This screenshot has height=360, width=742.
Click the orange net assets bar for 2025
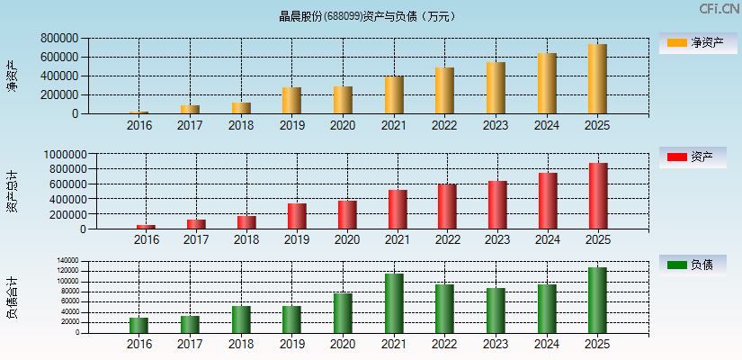(x=597, y=79)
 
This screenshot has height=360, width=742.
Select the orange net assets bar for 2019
(x=291, y=101)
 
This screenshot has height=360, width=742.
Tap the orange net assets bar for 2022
(x=444, y=91)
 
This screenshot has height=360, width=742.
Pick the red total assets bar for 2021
(x=398, y=210)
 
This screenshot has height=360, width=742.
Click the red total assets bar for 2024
(x=548, y=201)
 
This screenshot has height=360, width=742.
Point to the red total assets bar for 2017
(x=196, y=224)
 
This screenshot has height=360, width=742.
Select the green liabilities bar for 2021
(x=394, y=303)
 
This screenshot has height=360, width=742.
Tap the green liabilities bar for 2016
(x=139, y=325)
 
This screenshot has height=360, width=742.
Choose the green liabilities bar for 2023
(x=496, y=310)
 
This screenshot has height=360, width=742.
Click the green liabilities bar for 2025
(x=597, y=300)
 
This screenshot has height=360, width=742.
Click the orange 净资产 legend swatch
(x=676, y=42)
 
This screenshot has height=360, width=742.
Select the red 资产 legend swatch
(x=676, y=157)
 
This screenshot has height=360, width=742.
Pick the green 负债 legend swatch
(x=676, y=265)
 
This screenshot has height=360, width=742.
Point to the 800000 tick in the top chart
(x=58, y=39)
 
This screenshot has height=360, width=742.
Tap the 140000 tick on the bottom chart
(x=67, y=261)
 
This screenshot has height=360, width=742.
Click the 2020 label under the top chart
(x=342, y=125)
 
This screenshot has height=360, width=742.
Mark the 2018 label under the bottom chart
(x=240, y=345)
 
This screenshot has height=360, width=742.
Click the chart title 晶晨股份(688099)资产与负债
(x=366, y=16)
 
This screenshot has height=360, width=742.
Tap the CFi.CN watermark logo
(x=719, y=9)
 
